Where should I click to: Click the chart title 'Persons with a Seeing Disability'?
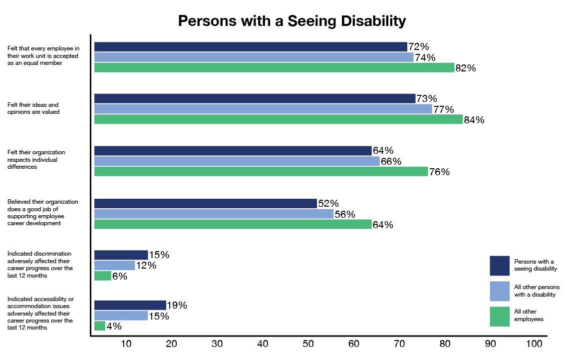pyautogui.click(x=292, y=21)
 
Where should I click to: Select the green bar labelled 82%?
pyautogui.click(x=274, y=68)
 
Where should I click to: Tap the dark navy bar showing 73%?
pyautogui.click(x=255, y=98)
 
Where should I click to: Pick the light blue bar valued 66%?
pyautogui.click(x=237, y=161)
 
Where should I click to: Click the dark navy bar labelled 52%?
pyautogui.click(x=205, y=203)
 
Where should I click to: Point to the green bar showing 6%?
pyautogui.click(x=103, y=276)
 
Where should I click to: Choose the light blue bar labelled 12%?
pyautogui.click(x=114, y=266)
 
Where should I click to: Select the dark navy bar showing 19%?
pyautogui.click(x=130, y=305)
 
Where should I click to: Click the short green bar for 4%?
pyautogui.click(x=100, y=326)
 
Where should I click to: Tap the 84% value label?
pyautogui.click(x=474, y=120)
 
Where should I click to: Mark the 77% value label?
pyautogui.click(x=443, y=109)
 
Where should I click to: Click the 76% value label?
pyautogui.click(x=439, y=172)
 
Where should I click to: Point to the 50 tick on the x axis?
pyautogui.click(x=308, y=344)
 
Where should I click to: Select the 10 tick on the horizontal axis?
pyautogui.click(x=126, y=344)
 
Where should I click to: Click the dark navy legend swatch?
pyautogui.click(x=499, y=266)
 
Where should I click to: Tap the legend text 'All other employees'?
pyautogui.click(x=529, y=315)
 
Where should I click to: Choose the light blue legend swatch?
pyautogui.click(x=499, y=291)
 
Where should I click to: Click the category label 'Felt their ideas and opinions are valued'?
pyautogui.click(x=33, y=108)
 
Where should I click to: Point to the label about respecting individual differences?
pyautogui.click(x=36, y=160)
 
